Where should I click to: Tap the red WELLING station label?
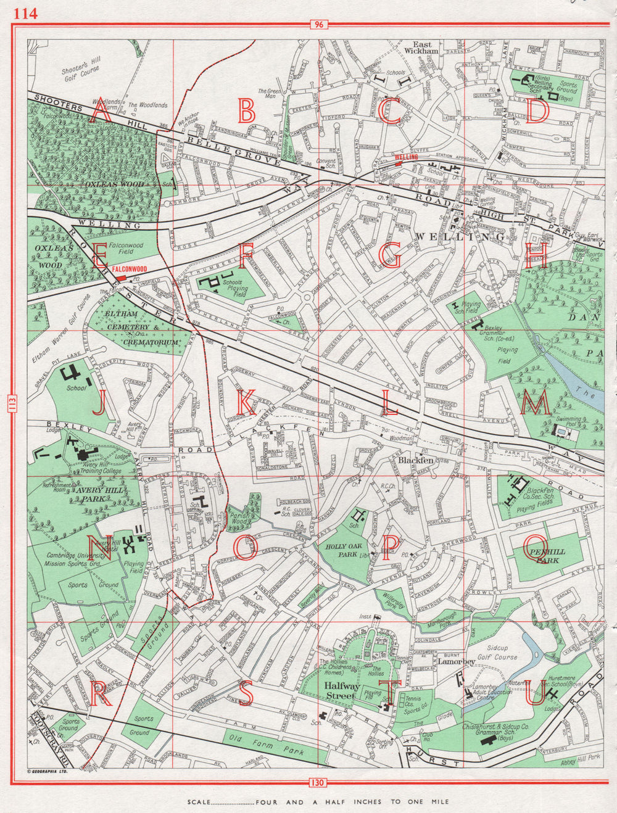click(x=406, y=157)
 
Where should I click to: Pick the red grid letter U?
click(x=535, y=694)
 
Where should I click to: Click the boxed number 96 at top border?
click(x=318, y=25)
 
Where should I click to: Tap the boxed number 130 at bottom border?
click(x=318, y=783)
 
